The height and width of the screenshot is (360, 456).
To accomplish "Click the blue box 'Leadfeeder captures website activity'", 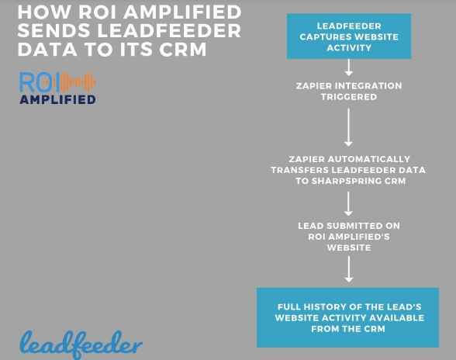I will click(x=349, y=36).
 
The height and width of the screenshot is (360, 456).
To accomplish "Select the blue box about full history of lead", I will click(x=348, y=317).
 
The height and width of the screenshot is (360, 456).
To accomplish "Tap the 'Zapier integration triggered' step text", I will click(x=349, y=92).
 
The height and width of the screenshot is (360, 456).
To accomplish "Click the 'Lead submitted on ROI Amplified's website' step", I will click(x=349, y=236).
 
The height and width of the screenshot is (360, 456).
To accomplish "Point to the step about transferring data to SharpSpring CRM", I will click(x=349, y=169).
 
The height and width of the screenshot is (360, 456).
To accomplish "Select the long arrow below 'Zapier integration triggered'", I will click(x=349, y=126).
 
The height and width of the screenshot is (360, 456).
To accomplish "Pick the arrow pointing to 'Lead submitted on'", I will click(x=349, y=202).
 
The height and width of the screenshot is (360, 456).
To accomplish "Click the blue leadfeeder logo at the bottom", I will click(x=81, y=342).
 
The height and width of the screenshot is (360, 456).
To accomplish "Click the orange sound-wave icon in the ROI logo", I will click(x=78, y=82).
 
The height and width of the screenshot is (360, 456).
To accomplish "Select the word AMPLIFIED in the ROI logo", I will click(x=58, y=99).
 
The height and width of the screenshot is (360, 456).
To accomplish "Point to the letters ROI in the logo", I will click(x=38, y=82).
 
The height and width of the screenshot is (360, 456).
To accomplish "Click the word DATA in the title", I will click(x=46, y=50).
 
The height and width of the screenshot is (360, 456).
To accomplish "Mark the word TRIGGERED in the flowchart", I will click(x=349, y=98).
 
